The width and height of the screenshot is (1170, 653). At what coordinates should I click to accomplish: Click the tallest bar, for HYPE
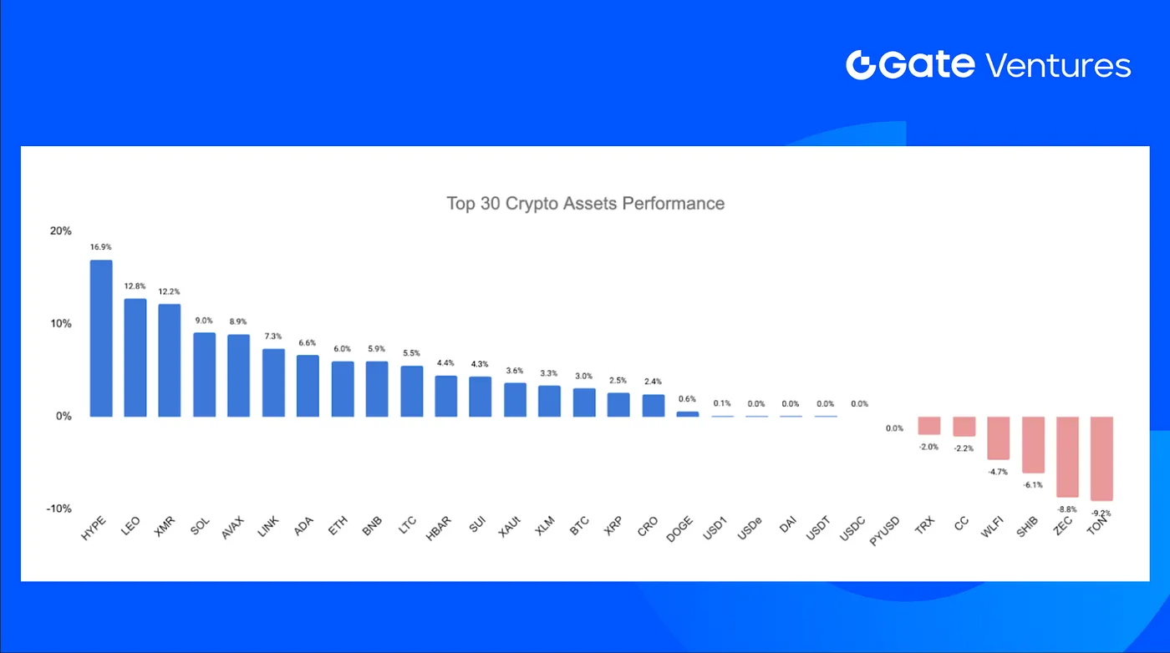coord(101,338)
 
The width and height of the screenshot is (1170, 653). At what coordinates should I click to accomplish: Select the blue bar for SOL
coord(205,374)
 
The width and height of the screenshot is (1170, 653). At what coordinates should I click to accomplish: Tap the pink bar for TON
coord(1101,458)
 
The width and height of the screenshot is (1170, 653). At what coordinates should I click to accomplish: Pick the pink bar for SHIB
coord(1033,444)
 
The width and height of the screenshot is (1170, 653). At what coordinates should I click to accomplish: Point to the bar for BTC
coord(584,402)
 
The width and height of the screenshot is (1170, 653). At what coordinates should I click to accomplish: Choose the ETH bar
coord(343,388)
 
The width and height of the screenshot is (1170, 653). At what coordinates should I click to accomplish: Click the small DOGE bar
coord(687,413)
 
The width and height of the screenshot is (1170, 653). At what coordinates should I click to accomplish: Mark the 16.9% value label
coord(101,247)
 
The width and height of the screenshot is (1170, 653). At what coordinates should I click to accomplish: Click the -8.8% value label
coord(1067,509)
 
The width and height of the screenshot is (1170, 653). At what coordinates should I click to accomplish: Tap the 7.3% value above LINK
coord(273,336)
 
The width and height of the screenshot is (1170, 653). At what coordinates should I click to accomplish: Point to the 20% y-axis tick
coord(61,231)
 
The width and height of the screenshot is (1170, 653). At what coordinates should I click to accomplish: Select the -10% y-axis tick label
coord(58,509)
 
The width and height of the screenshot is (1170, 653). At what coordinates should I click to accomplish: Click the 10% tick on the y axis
coord(61,324)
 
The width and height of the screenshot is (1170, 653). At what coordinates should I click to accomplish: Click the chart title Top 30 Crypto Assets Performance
coord(585,203)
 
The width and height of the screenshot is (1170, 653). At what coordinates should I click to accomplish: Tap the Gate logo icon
coord(861,65)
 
